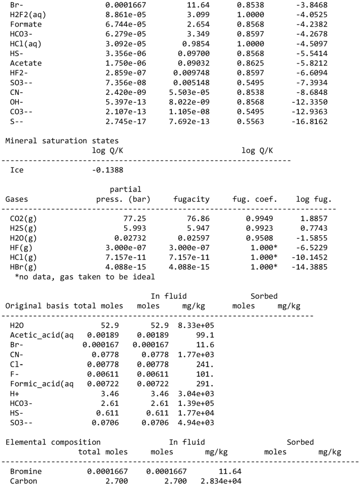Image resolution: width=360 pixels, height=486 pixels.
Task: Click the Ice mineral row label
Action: click(17, 170)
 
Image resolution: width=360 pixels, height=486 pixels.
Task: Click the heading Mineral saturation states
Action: click(62, 141)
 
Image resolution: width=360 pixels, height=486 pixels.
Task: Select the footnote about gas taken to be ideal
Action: click(85, 277)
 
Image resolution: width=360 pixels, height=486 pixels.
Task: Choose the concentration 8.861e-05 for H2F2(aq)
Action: click(108, 15)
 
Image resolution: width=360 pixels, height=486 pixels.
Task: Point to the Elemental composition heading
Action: click(53, 442)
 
